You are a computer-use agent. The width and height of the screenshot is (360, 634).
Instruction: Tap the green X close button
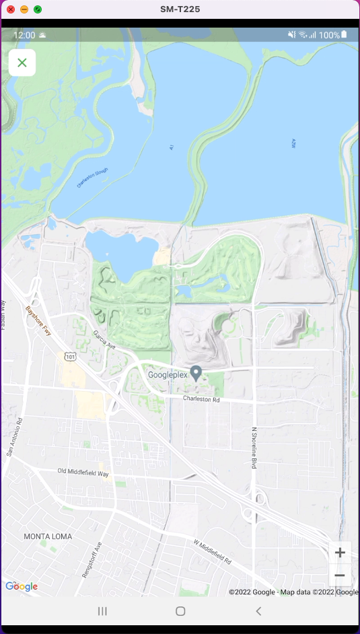pyautogui.click(x=22, y=63)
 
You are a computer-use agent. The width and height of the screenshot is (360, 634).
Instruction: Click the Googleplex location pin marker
pyautogui.click(x=196, y=373)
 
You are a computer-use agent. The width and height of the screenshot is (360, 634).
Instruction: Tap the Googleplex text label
pyautogui.click(x=168, y=375)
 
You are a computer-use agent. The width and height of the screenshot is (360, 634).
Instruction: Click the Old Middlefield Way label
pyautogui.click(x=83, y=472)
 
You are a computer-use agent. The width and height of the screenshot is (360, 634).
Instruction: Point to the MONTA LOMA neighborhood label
pyautogui.click(x=48, y=536)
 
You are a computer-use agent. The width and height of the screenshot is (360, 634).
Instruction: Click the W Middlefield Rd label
pyautogui.click(x=212, y=552)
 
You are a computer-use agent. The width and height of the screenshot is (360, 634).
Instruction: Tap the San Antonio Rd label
pyautogui.click(x=15, y=437)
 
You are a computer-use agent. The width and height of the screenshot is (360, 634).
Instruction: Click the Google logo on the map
pyautogui.click(x=22, y=586)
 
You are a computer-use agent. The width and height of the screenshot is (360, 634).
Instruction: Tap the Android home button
pyautogui.click(x=180, y=611)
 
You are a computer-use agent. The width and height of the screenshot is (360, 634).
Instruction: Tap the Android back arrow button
pyautogui.click(x=258, y=611)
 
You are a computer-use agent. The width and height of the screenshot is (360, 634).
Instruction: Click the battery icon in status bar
pyautogui.click(x=344, y=34)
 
